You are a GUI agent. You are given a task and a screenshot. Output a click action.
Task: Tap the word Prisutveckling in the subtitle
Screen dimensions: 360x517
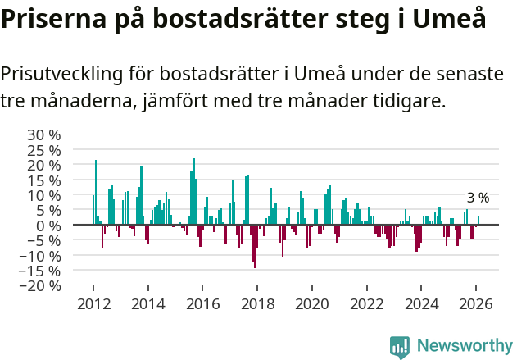61,74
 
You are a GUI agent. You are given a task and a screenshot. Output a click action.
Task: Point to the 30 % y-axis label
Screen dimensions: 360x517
44,134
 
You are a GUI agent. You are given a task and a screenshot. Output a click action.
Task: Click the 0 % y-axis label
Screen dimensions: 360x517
51,226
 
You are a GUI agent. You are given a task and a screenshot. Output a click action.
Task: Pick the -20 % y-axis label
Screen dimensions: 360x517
41,286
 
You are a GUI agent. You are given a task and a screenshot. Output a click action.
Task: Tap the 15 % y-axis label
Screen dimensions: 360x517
44,180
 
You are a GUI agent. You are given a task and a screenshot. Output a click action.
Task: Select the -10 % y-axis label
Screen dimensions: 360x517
41,256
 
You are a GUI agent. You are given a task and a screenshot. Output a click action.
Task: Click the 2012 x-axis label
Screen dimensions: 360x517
93,303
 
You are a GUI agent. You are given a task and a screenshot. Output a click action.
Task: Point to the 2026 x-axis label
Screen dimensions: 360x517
476,303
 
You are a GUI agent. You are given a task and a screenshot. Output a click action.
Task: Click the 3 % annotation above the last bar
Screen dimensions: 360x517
478,198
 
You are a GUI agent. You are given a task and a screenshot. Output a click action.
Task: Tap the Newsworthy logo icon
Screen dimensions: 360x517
400,346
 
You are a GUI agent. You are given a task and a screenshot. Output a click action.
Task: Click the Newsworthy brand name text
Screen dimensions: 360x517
464,346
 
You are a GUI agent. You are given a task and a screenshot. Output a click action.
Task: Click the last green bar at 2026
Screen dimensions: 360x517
478,221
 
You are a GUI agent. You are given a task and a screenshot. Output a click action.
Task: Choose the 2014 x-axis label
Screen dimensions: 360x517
148,303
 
